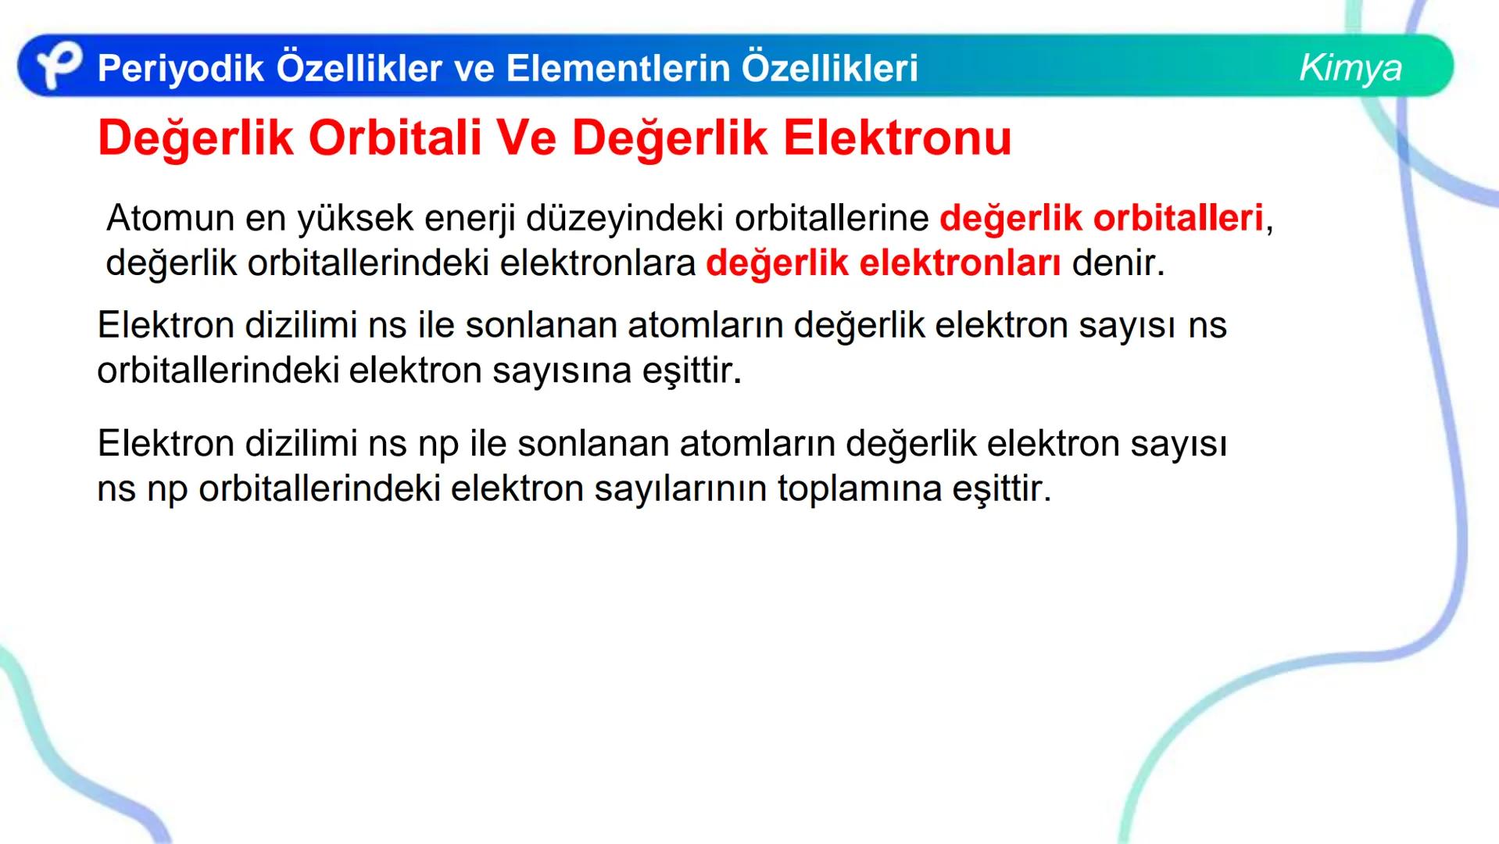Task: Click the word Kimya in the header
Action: coord(1350,68)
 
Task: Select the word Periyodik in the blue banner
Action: coord(181,69)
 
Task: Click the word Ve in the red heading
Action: coord(531,138)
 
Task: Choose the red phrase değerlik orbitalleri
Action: coord(1101,218)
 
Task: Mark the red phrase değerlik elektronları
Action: coord(883,263)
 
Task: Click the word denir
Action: coord(1118,263)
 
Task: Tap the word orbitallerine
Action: coord(832,217)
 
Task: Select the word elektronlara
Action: coord(597,263)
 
